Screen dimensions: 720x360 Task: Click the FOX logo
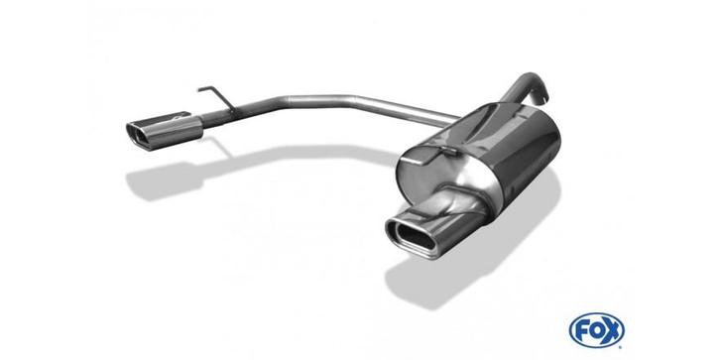coord(596,329)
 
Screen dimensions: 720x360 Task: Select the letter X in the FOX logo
coord(611,330)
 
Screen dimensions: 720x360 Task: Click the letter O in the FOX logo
coord(596,330)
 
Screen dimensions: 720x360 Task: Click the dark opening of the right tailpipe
coord(412,236)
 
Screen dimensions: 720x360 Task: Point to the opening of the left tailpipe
coord(138,135)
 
